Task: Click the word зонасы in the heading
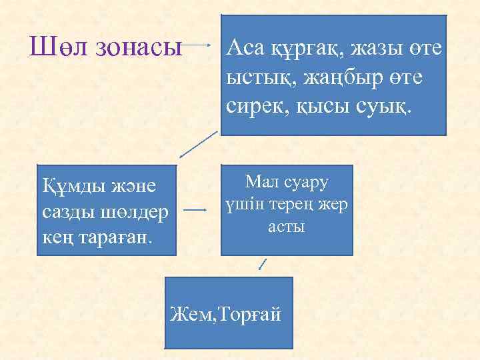click(x=139, y=47)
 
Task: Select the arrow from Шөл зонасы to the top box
click(x=202, y=47)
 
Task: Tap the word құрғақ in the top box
click(x=298, y=48)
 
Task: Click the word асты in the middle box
click(x=287, y=227)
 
